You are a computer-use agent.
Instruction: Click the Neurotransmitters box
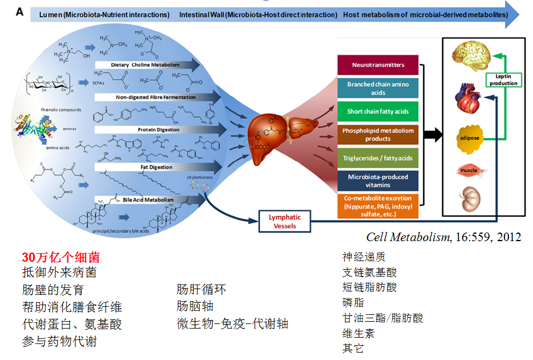[x=378, y=65]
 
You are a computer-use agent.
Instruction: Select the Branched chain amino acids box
[x=378, y=88]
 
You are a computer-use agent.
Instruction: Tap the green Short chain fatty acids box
[x=378, y=111]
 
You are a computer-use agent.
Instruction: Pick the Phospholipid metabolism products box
[x=378, y=134]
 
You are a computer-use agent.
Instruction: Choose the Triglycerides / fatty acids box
[x=378, y=158]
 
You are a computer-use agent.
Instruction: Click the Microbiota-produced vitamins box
[x=378, y=181]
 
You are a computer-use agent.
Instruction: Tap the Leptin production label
[x=503, y=79]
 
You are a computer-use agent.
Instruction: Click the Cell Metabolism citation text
[x=443, y=237]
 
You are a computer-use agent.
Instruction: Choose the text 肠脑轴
[x=195, y=306]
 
